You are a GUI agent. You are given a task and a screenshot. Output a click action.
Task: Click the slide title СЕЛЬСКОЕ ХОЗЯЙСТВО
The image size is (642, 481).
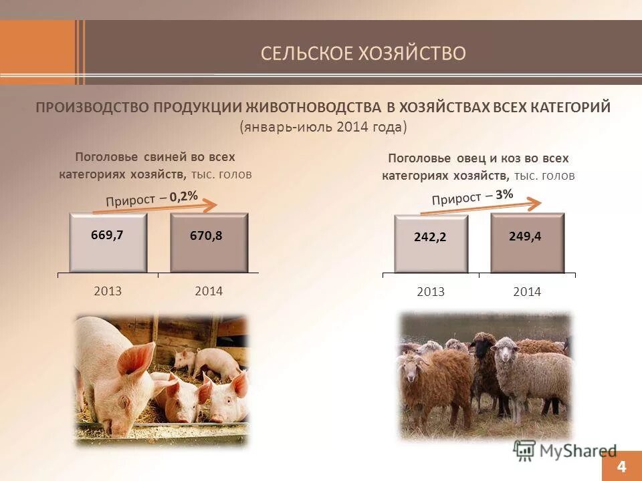[363, 53]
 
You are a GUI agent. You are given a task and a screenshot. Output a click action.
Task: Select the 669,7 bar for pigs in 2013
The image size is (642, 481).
[108, 243]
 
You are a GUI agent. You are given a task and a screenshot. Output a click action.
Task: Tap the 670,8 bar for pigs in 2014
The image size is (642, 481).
[209, 243]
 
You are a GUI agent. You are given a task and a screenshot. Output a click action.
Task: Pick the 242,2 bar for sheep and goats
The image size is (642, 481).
[430, 244]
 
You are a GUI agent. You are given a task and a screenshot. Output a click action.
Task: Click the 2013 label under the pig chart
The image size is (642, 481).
[108, 291]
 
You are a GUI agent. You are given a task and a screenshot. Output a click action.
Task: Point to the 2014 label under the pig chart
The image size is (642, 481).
[209, 291]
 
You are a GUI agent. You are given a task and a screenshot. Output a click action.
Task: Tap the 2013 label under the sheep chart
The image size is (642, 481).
[430, 292]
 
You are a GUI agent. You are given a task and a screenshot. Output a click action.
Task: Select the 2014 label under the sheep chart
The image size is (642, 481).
[527, 292]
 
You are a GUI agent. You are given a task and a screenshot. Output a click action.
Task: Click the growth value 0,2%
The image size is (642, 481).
[184, 196]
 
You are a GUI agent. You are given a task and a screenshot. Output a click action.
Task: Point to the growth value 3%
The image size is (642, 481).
[505, 194]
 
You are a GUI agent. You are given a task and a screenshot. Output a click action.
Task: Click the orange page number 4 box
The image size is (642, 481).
[622, 466]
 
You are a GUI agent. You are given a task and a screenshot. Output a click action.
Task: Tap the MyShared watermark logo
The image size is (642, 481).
[565, 450]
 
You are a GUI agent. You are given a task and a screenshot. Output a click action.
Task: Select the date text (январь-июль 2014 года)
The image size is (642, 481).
[323, 127]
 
